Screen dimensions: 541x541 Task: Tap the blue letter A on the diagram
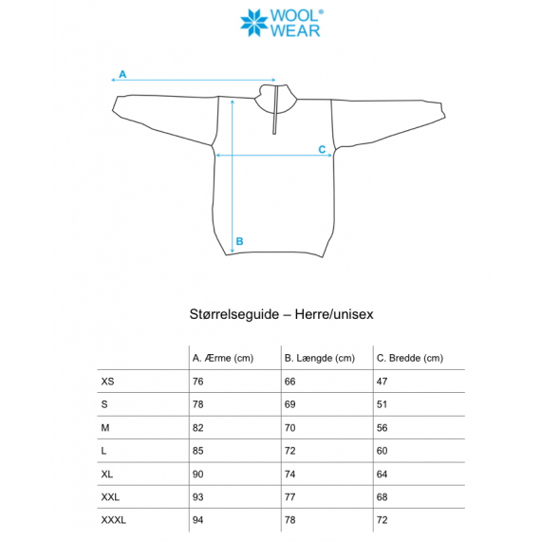tap(121, 73)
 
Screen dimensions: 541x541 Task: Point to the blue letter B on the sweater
tap(239, 241)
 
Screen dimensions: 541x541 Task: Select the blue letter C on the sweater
tap(322, 149)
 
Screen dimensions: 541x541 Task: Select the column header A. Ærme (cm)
tap(224, 358)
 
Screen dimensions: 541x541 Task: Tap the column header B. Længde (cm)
tap(319, 358)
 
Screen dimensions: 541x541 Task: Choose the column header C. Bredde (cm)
tap(409, 358)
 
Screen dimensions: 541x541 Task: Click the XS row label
tap(106, 382)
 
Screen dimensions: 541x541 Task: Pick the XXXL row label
tap(113, 520)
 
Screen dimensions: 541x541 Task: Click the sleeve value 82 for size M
tap(198, 428)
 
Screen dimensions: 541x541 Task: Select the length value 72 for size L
tap(290, 451)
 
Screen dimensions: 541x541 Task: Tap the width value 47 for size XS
tap(382, 382)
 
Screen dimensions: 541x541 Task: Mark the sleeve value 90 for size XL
tap(198, 474)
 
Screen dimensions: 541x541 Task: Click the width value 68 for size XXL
tap(382, 497)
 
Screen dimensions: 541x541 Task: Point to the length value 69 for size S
tap(290, 404)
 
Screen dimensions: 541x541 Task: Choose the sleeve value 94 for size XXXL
tap(198, 520)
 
